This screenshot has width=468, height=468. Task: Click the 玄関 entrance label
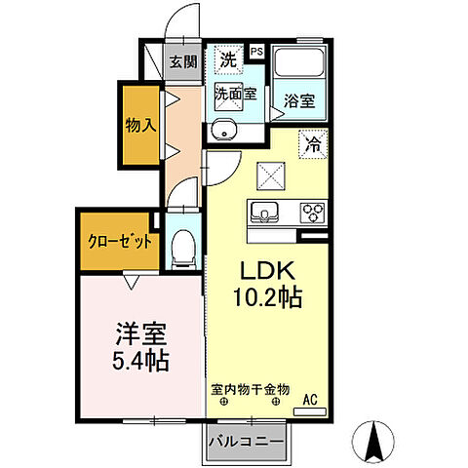[x=182, y=63]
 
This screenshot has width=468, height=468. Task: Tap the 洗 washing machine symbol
[x=227, y=60]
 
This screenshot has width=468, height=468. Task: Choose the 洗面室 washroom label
[x=235, y=95]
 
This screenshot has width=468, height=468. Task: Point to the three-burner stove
[x=312, y=212]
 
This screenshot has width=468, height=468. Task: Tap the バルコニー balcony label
[x=247, y=442]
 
